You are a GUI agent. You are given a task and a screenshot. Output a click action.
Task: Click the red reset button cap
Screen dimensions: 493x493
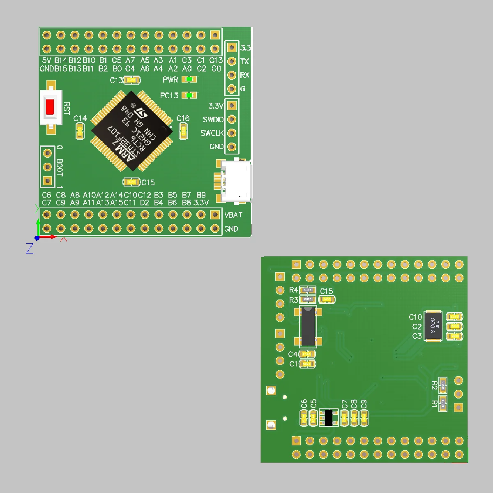(x=50, y=107)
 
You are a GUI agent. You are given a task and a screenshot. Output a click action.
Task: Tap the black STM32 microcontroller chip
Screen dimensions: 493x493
(x=131, y=131)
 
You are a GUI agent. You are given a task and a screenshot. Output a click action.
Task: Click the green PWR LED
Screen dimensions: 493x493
(x=189, y=79)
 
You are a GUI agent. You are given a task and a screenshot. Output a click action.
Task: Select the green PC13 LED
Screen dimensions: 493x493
(x=189, y=95)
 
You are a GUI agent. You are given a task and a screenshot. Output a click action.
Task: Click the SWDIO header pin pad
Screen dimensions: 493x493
(x=232, y=120)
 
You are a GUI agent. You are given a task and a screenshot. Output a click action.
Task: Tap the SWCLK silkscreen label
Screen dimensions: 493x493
(x=212, y=133)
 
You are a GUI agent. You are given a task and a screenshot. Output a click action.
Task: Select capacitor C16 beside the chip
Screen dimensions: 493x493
(x=183, y=132)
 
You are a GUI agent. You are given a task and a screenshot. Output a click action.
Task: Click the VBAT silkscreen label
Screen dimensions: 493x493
(x=233, y=215)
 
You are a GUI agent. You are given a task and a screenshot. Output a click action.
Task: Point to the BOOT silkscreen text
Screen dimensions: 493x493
(x=60, y=167)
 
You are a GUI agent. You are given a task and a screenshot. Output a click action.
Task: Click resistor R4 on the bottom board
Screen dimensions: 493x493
(x=308, y=290)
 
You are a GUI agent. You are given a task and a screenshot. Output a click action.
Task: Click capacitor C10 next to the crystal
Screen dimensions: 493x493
(x=454, y=317)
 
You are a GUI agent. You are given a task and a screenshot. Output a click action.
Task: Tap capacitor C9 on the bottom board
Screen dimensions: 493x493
(x=364, y=418)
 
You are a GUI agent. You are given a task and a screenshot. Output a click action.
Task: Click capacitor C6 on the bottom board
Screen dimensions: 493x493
(x=304, y=418)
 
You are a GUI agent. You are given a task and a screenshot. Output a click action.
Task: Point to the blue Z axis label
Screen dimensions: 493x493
(x=30, y=248)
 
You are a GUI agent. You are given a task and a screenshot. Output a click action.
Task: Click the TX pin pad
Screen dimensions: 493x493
(x=232, y=62)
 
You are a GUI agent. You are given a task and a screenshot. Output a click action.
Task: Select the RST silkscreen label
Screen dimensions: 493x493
(x=67, y=109)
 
